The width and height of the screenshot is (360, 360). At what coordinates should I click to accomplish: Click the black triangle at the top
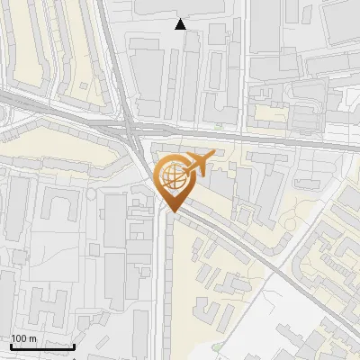click(181, 24)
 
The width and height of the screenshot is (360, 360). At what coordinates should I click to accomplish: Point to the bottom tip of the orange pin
click(171, 212)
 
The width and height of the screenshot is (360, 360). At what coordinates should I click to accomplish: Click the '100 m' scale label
click(23, 338)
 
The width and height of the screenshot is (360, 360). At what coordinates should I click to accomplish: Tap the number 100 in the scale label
click(19, 338)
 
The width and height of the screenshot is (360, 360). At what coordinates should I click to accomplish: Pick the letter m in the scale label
click(32, 338)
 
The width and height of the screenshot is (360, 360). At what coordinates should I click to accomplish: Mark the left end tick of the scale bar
click(11, 345)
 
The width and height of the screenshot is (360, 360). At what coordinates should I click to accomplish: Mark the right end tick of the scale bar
click(74, 345)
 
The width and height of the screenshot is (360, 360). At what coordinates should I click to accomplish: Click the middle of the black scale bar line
click(42, 346)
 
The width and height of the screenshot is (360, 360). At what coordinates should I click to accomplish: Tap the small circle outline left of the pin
click(91, 193)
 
